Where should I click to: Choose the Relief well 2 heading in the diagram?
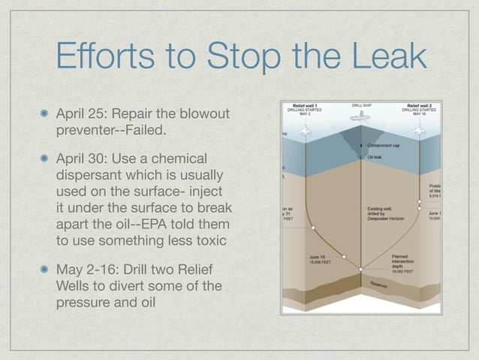[420, 105]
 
